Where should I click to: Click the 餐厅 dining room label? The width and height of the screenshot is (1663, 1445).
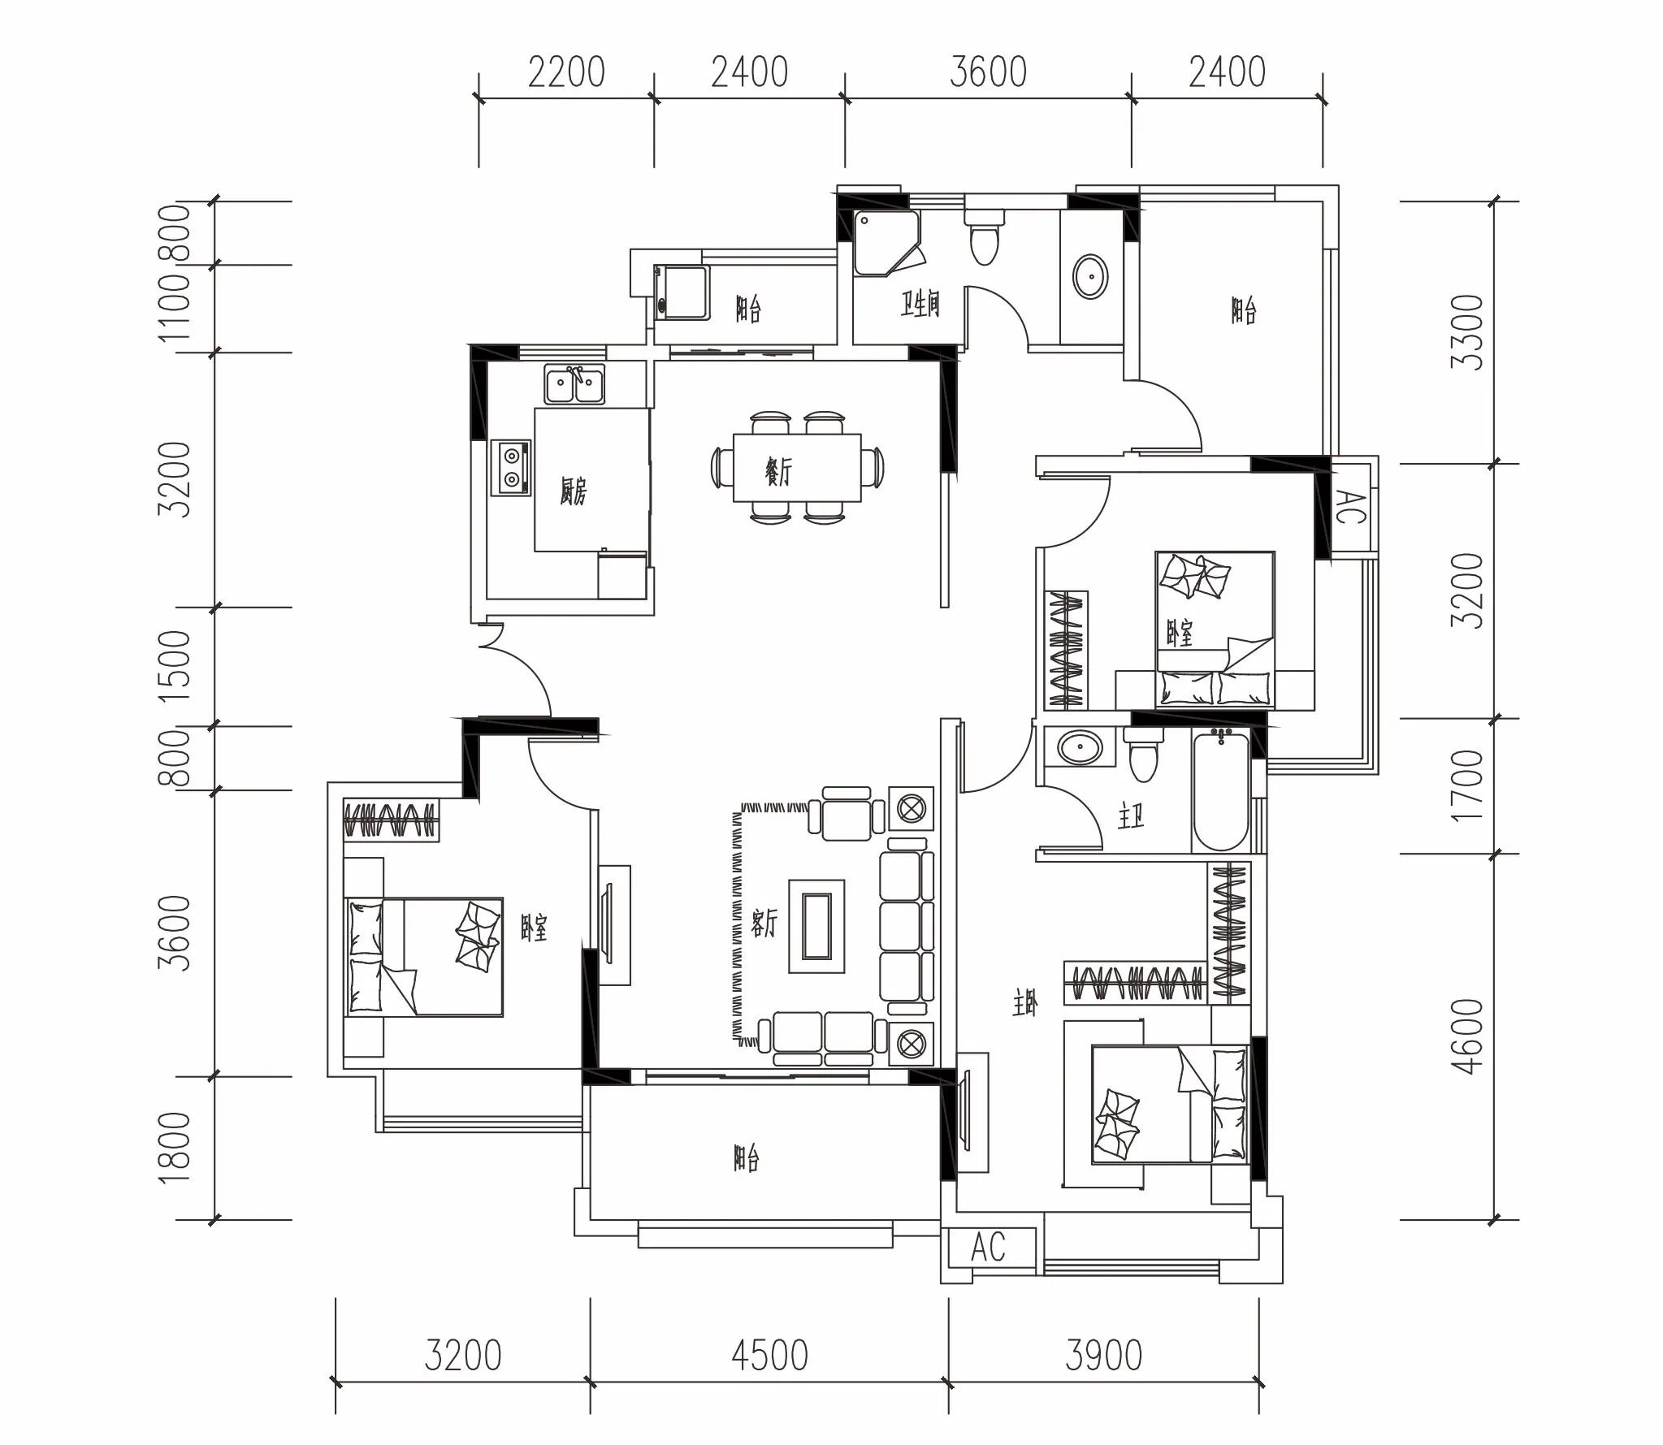click(777, 470)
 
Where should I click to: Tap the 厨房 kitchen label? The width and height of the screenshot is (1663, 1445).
click(573, 491)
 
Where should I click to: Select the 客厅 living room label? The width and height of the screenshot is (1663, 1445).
click(764, 923)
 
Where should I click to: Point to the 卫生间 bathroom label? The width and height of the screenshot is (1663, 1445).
click(920, 305)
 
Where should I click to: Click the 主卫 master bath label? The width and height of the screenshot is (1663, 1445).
click(1131, 816)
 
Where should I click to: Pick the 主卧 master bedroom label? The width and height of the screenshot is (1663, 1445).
click(1025, 1006)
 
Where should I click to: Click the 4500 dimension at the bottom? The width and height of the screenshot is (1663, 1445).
click(769, 1355)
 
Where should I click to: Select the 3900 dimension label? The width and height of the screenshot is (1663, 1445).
click(1103, 1355)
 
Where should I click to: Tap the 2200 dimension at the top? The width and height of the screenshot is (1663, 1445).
click(566, 71)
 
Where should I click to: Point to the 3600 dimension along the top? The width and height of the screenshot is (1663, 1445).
click(988, 71)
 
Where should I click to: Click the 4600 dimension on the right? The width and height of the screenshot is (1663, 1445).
click(1467, 1036)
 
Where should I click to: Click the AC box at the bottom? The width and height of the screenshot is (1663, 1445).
click(988, 1247)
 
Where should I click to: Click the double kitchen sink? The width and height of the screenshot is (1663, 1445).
click(574, 384)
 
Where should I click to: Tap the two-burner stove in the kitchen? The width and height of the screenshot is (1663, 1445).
click(511, 468)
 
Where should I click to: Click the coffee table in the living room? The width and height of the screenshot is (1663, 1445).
click(816, 926)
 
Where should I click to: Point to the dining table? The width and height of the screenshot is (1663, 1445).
click(797, 468)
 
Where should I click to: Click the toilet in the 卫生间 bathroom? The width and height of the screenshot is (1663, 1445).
click(984, 236)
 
